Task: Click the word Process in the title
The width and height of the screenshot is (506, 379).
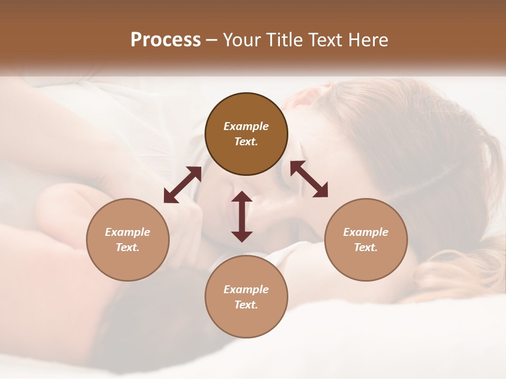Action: click(166, 40)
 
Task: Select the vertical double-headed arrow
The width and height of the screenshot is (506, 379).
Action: click(242, 216)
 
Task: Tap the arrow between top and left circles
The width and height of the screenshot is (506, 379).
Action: click(182, 184)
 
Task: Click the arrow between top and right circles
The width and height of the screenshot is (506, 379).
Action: click(309, 179)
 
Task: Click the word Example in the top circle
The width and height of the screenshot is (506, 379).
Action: click(246, 126)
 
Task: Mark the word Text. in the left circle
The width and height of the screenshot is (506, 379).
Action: click(128, 247)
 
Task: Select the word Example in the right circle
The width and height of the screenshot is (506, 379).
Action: click(366, 232)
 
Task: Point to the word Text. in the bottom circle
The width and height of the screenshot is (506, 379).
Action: click(246, 305)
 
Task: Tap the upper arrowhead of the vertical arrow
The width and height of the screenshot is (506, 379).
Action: click(242, 197)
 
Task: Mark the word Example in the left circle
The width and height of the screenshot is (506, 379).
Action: click(128, 232)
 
